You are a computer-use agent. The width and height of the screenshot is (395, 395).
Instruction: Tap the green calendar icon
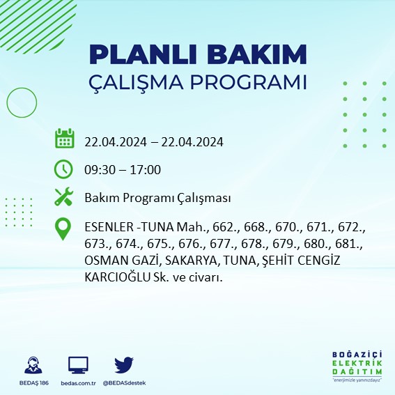64,138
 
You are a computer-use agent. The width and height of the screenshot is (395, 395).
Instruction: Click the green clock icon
63,169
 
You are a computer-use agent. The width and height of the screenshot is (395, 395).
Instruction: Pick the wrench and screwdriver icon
63,197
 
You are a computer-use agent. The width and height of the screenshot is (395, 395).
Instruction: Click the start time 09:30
99,170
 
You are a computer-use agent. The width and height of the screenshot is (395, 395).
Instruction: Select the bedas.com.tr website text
78,383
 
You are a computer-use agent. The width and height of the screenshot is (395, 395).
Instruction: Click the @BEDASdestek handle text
125,383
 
